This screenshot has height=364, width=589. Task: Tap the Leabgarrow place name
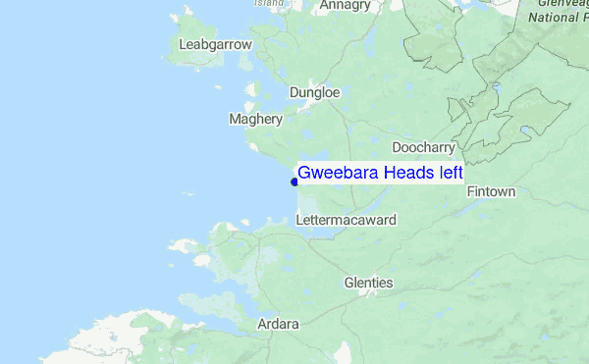[x=217, y=44]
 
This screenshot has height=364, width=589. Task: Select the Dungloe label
[x=314, y=93]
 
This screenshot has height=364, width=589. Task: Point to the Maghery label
[x=255, y=120]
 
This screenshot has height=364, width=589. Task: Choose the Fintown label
[x=491, y=191]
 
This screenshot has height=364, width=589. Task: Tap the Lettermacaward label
[x=346, y=221]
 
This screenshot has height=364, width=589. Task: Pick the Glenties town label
[x=368, y=283]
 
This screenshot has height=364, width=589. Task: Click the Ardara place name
[x=278, y=324]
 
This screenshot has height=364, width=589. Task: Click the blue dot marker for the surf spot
[x=294, y=181]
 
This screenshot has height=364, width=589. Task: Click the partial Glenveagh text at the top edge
[x=562, y=3]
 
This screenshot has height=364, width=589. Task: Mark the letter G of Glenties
[x=348, y=283]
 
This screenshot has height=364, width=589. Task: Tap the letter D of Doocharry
[x=397, y=147]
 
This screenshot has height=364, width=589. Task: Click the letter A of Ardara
[x=261, y=324]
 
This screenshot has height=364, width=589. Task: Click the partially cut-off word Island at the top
[x=269, y=3]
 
